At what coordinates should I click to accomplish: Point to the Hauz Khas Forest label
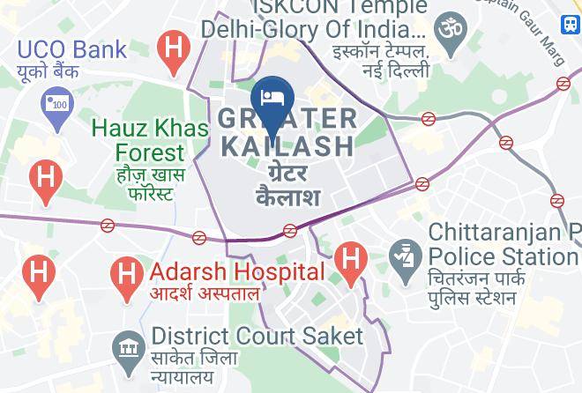coord(150,141)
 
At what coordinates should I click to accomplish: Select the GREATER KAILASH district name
coord(287,132)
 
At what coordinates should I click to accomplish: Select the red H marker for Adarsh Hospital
coord(128,272)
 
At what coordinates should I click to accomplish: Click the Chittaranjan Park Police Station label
coord(504,245)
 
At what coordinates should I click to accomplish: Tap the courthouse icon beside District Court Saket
coord(129,346)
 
